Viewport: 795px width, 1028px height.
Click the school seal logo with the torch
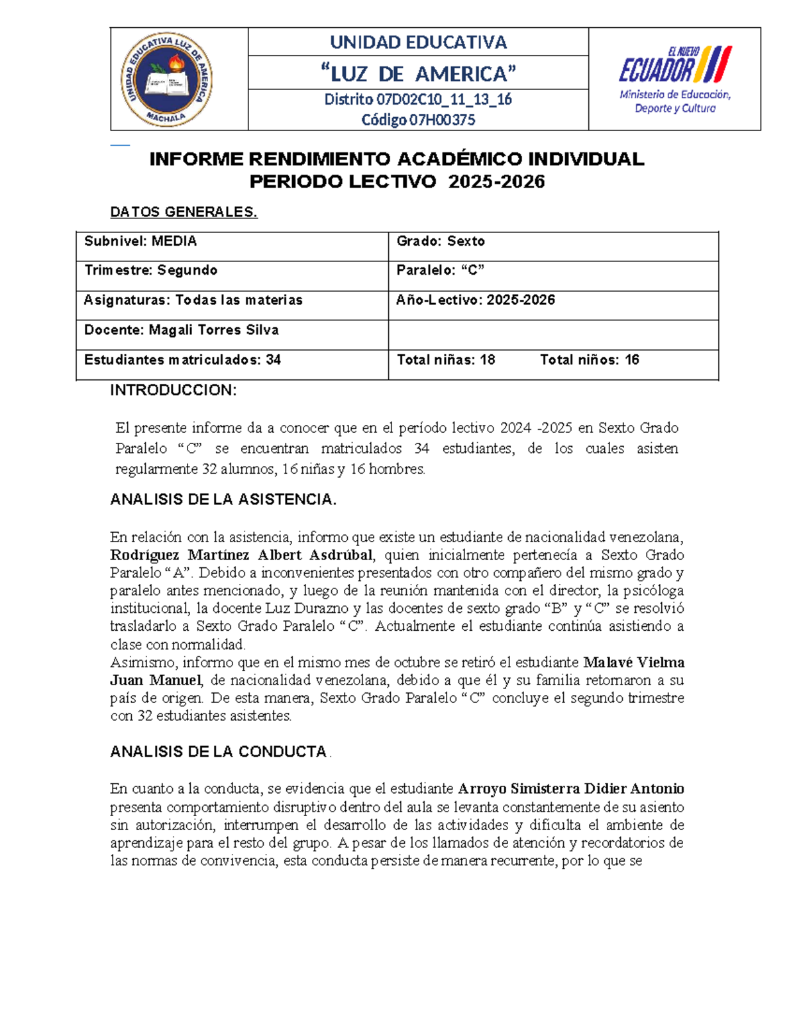[x=166, y=79]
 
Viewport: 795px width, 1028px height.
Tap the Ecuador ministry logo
[x=674, y=79]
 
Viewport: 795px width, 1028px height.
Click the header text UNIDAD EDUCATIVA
[x=418, y=42]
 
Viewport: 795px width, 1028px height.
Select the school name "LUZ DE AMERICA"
[x=418, y=73]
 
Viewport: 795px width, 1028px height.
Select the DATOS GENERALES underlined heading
[x=184, y=212]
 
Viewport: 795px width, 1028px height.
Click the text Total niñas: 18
[x=446, y=360]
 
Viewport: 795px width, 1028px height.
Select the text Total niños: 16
[x=589, y=360]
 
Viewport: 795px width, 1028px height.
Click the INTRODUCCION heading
[x=173, y=391]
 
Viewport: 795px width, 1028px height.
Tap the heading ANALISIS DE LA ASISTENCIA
[x=223, y=500]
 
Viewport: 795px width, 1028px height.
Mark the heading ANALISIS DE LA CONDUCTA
[x=219, y=752]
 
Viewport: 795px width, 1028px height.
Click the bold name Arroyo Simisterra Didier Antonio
[x=571, y=789]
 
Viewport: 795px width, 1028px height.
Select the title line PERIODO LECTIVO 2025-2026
[x=397, y=182]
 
